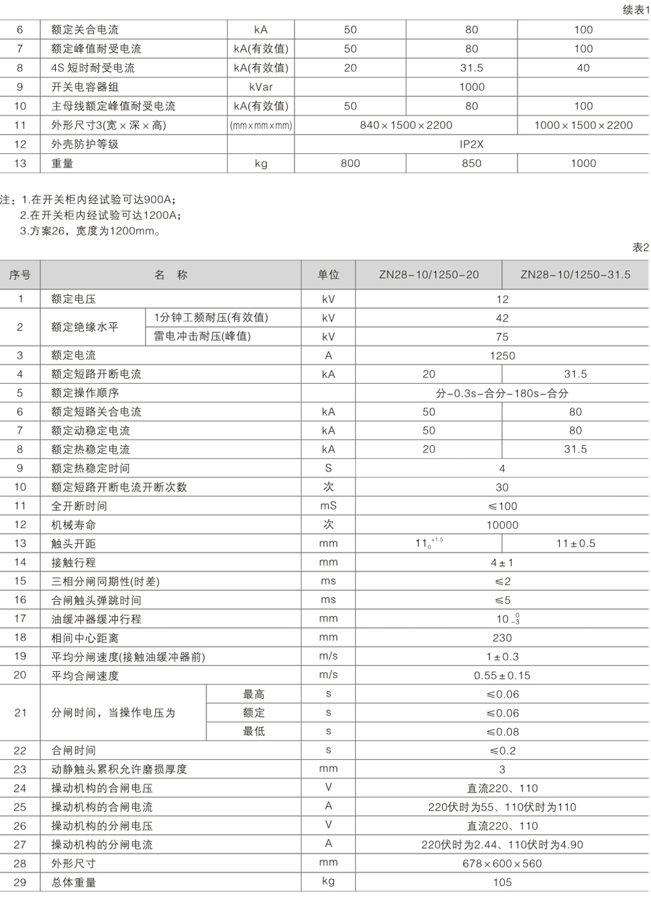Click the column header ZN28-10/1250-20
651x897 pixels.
coord(428,275)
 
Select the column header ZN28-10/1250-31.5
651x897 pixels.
coord(575,275)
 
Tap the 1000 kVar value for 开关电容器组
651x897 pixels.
coord(471,87)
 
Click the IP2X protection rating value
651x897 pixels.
coord(471,144)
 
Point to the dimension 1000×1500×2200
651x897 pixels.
coord(583,125)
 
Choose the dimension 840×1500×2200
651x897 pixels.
coord(406,125)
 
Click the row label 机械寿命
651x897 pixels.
coord(74,525)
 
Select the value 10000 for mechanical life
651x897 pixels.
coord(502,525)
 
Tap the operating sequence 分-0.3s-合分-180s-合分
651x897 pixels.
coord(502,393)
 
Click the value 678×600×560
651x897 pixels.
coord(502,864)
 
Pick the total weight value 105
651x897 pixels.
coord(502,882)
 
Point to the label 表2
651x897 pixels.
coord(641,247)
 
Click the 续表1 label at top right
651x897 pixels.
coord(636,10)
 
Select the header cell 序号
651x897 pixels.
coord(20,275)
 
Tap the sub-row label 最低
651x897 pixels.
coord(254,731)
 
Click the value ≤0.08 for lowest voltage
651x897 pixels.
coord(502,732)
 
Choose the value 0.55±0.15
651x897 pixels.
coord(502,676)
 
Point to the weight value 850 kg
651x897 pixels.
coord(471,164)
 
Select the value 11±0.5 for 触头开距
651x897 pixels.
coord(575,543)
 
